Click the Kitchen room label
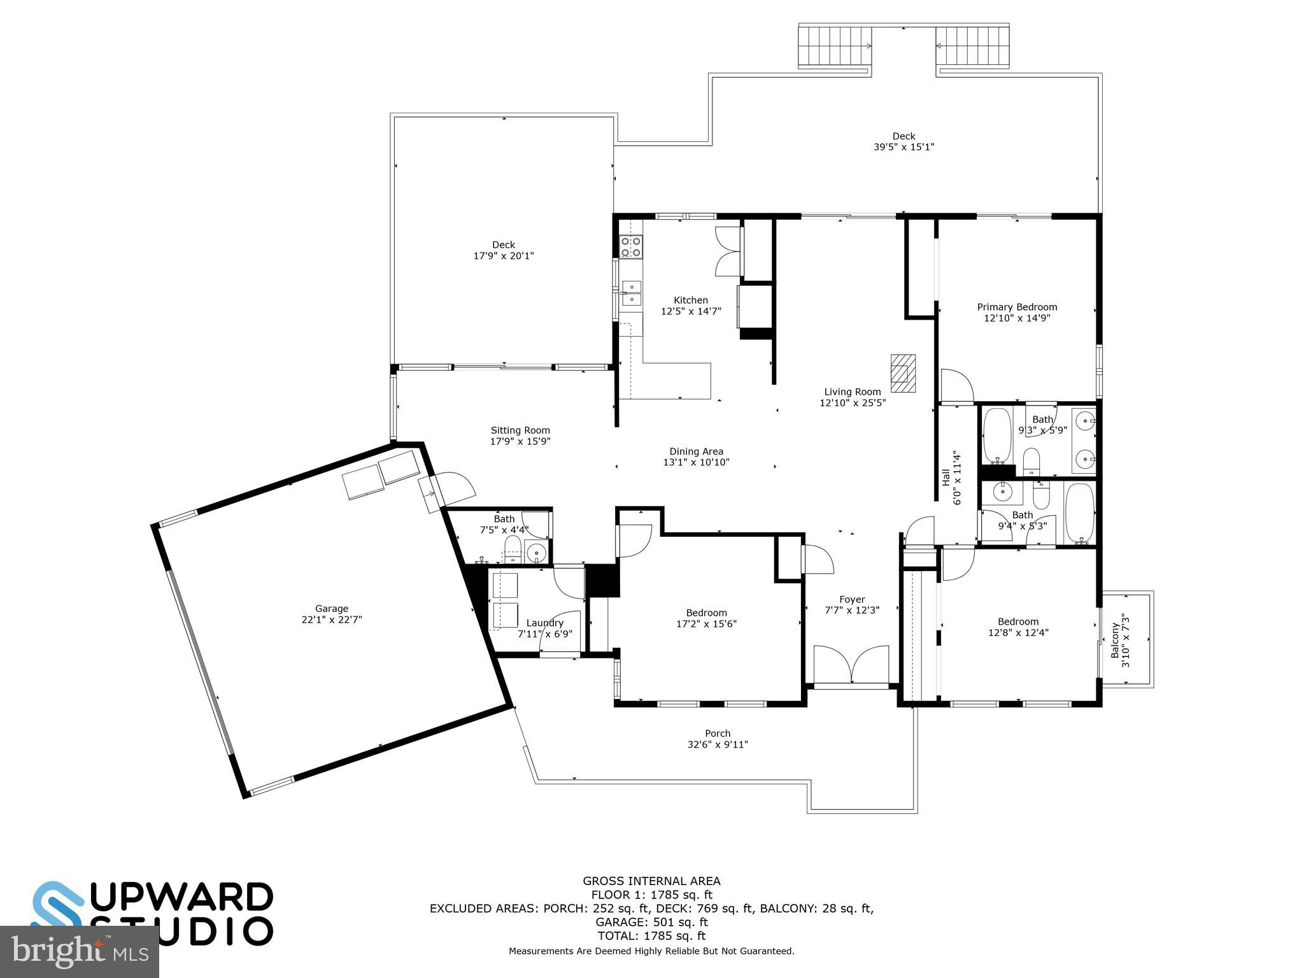691,300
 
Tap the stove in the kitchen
631,247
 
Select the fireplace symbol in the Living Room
902,374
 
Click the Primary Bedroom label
1017,307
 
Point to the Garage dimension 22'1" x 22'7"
332,619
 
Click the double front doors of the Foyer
851,666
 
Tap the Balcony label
1115,641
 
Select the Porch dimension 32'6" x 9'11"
718,744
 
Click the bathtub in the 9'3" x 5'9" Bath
996,436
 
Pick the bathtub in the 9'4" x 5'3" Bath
1079,513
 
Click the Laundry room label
544,623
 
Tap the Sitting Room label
520,430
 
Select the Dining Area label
696,451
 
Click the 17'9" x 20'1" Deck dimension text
503,256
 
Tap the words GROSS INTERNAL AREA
651,881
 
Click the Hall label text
946,477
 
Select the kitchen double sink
632,294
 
